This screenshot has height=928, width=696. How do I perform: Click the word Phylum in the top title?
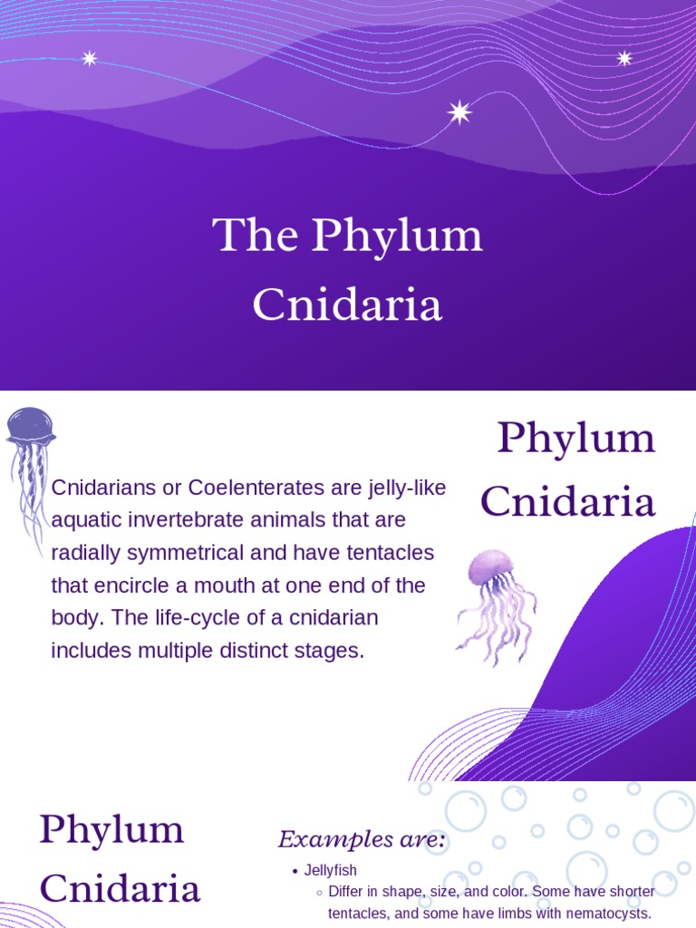point(397,237)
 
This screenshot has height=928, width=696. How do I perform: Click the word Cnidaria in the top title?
point(347,304)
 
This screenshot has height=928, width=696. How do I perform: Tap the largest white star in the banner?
point(459,112)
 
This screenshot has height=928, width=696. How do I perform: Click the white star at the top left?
point(89,59)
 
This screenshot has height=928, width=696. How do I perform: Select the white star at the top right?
point(624,59)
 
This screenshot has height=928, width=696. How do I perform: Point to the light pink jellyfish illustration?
point(495,603)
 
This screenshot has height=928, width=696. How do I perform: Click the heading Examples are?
point(362,840)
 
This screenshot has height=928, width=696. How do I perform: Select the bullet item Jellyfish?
point(331,871)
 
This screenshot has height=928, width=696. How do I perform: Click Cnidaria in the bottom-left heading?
point(120,889)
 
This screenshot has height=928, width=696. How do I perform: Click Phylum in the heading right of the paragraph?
point(576,440)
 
